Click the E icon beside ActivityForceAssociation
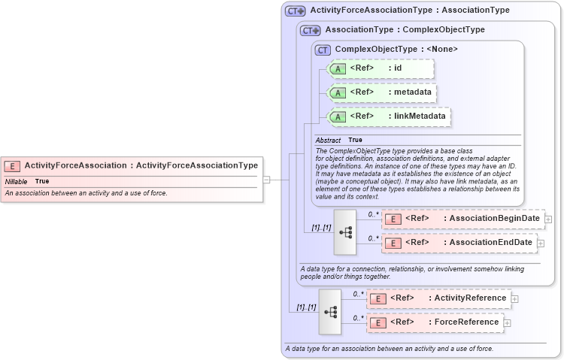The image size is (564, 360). (x=13, y=166)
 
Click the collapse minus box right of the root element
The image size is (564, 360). (x=266, y=180)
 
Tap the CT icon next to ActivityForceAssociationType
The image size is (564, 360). (x=296, y=11)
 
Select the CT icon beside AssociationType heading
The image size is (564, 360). (x=311, y=30)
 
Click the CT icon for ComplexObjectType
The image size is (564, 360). (x=323, y=50)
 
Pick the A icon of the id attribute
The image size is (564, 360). (x=338, y=68)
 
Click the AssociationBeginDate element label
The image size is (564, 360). (x=492, y=219)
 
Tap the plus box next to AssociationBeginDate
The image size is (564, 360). (x=548, y=219)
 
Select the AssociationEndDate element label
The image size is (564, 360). (x=488, y=243)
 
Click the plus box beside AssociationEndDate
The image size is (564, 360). (x=541, y=244)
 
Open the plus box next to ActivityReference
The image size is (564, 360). (x=514, y=299)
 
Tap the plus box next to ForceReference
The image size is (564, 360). (x=507, y=323)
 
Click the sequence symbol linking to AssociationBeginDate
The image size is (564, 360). (x=345, y=231)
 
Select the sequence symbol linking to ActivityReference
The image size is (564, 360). (x=330, y=311)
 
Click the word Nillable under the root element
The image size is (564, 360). (x=17, y=181)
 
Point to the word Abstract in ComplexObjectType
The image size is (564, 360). (x=328, y=140)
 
